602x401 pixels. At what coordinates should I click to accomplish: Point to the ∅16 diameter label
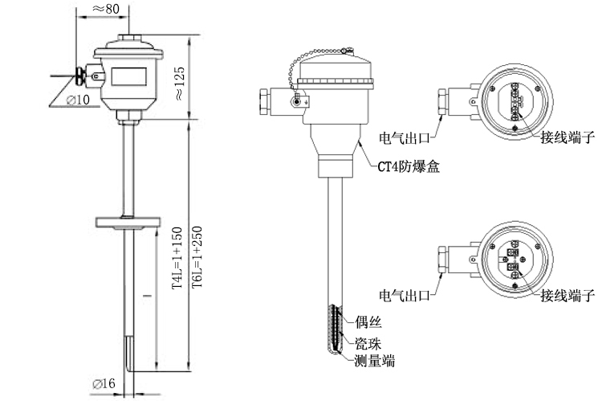105,385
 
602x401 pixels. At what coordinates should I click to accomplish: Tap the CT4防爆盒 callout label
409,168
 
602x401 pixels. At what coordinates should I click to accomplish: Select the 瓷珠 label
367,342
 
